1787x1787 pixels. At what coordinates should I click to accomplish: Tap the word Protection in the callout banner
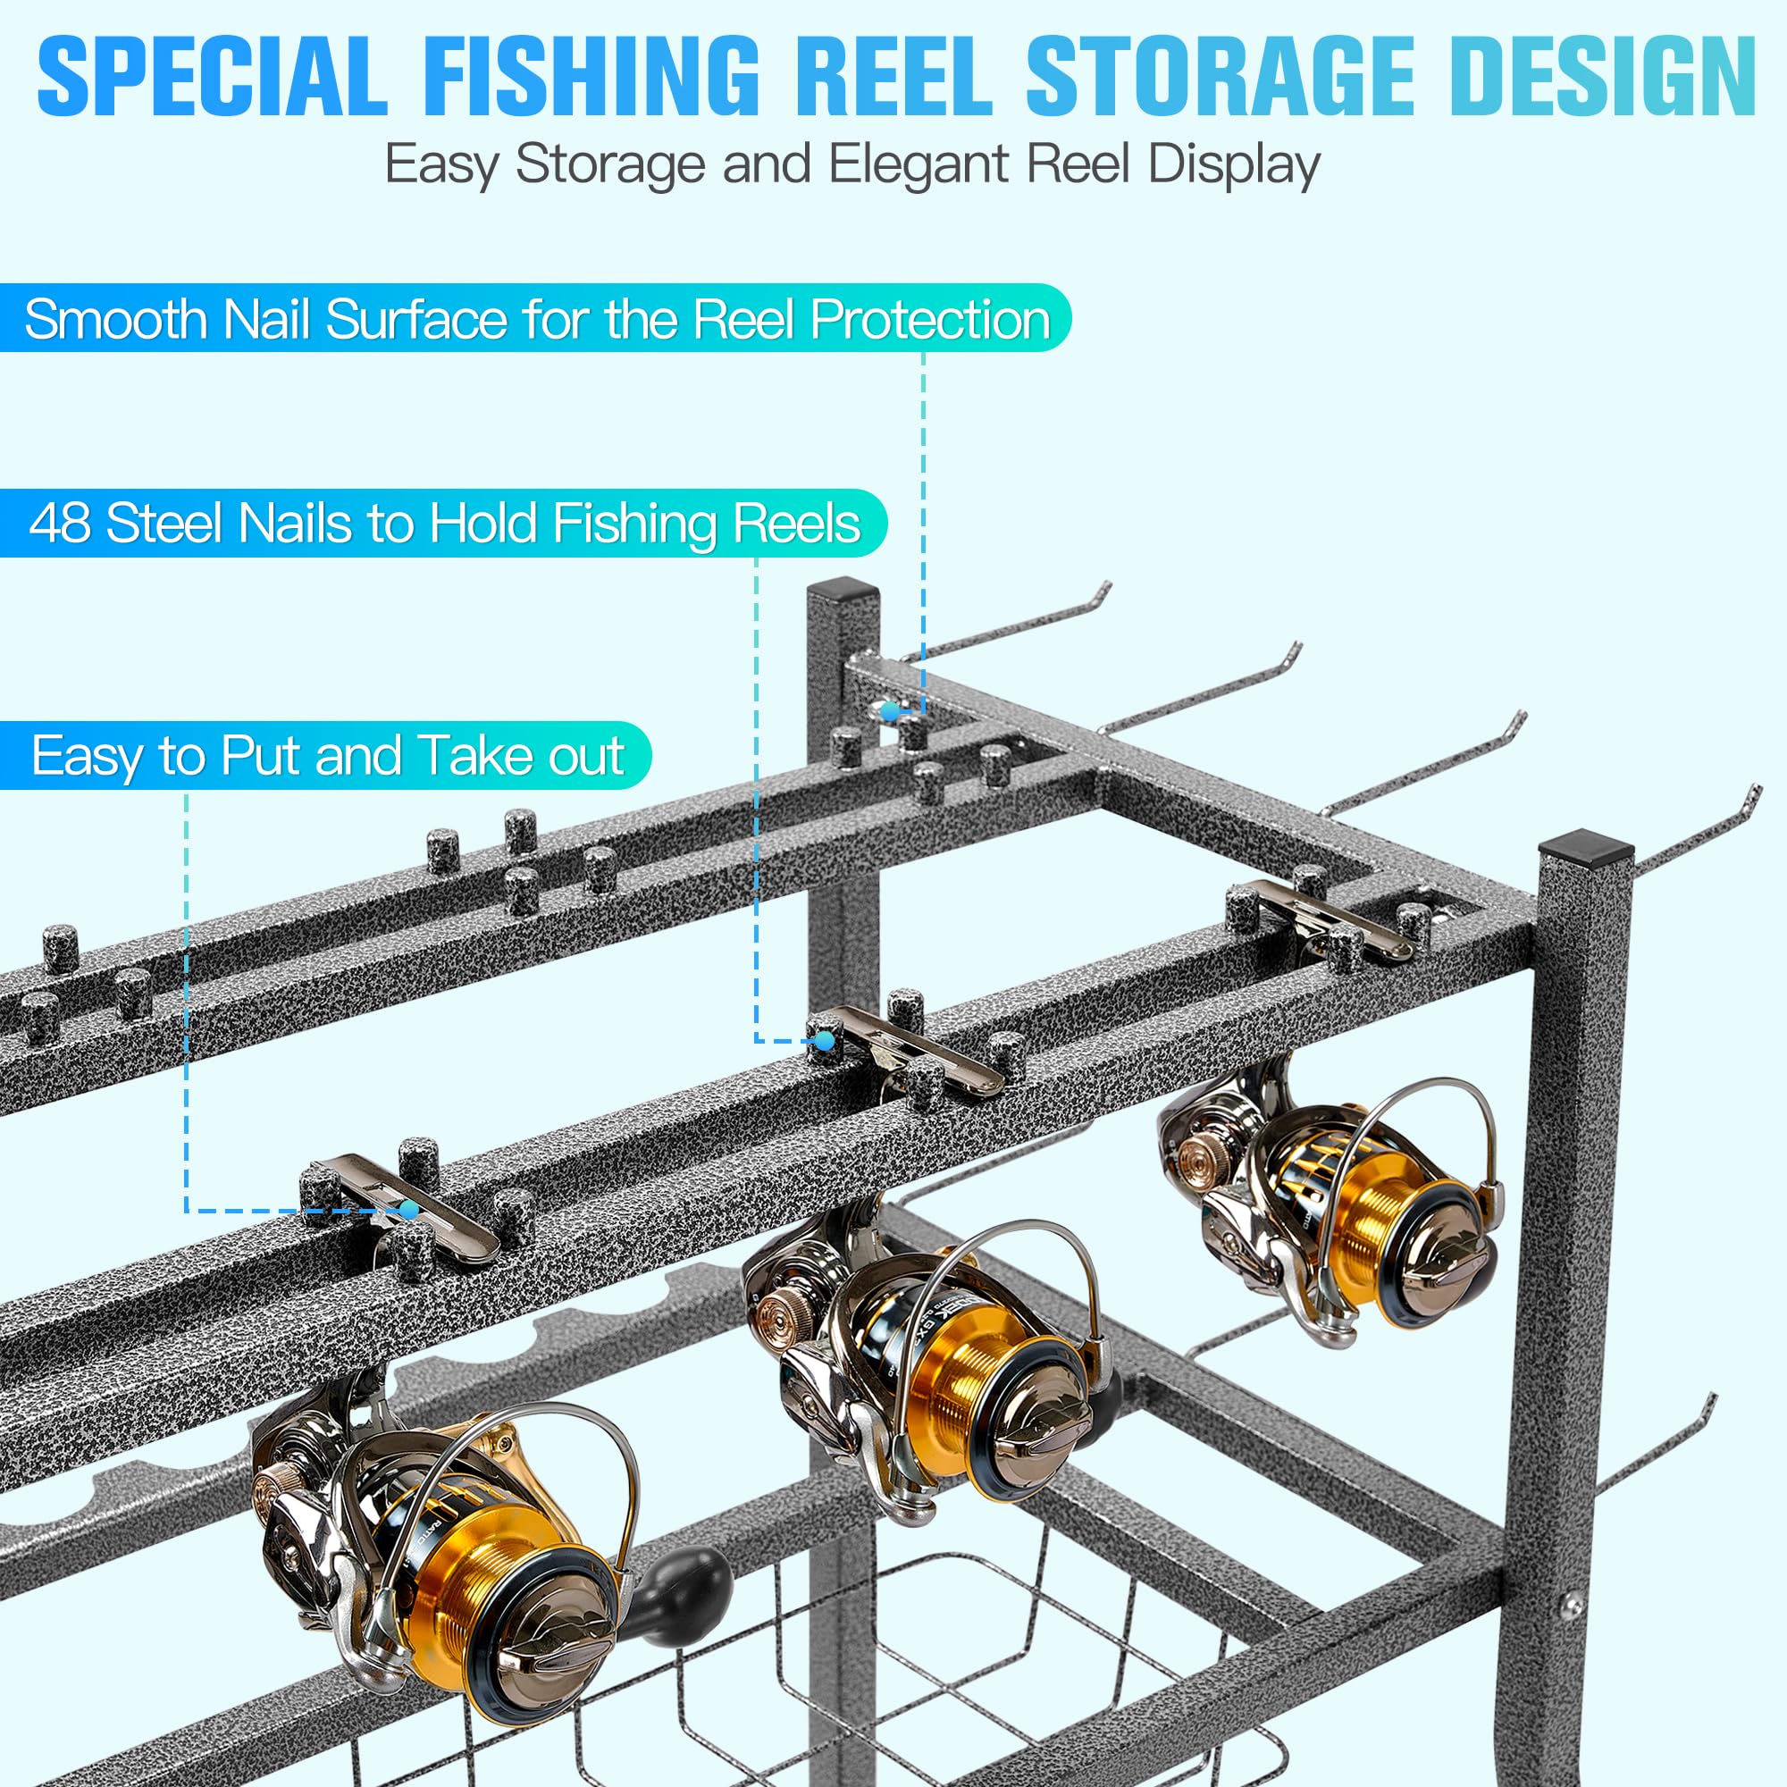[930, 320]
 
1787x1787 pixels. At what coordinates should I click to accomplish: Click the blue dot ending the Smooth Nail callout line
[890, 711]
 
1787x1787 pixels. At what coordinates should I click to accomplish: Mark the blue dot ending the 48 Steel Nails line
[825, 1041]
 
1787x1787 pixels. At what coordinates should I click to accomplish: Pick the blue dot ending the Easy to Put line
[409, 1210]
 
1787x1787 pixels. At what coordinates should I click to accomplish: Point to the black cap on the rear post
[842, 588]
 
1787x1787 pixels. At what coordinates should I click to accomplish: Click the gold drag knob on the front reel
[269, 1490]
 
